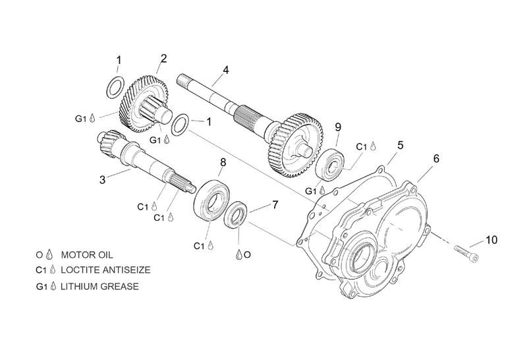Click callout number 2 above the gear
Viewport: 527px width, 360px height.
[x=163, y=59]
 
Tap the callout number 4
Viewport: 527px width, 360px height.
[x=226, y=71]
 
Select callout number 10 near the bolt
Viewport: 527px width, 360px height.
[x=491, y=240]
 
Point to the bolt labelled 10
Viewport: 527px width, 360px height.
[x=466, y=253]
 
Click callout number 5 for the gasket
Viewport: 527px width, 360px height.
[x=400, y=145]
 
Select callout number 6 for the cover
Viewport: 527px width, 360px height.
[x=436, y=158]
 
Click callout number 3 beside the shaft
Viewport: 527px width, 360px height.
[x=103, y=179]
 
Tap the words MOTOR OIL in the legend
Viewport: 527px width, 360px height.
[x=87, y=255]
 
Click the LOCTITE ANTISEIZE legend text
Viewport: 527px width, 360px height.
[x=105, y=270]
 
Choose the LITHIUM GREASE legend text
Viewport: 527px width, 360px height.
[x=99, y=286]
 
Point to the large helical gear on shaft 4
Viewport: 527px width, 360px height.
[x=295, y=145]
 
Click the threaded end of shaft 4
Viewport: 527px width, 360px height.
[x=182, y=79]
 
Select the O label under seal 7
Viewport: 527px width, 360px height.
[x=248, y=255]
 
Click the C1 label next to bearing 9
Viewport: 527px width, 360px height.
[x=362, y=146]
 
